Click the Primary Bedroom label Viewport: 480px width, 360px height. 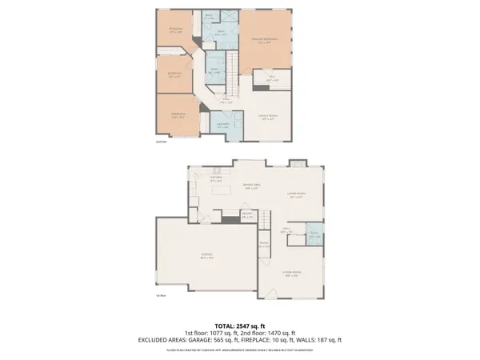click(264, 41)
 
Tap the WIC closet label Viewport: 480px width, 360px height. click(272, 78)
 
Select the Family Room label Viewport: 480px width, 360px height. click(267, 118)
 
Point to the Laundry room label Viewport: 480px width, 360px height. click(224, 125)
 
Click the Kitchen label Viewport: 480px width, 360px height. click(215, 179)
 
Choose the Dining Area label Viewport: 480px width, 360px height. click(251, 187)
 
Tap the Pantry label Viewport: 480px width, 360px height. click(247, 214)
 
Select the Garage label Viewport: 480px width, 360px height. click(206, 256)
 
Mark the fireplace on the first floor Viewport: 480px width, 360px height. click(296, 163)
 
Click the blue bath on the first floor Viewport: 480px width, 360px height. click(314, 235)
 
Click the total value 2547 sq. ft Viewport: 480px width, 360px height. click(252, 326)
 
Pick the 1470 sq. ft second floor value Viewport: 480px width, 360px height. click(279, 333)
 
